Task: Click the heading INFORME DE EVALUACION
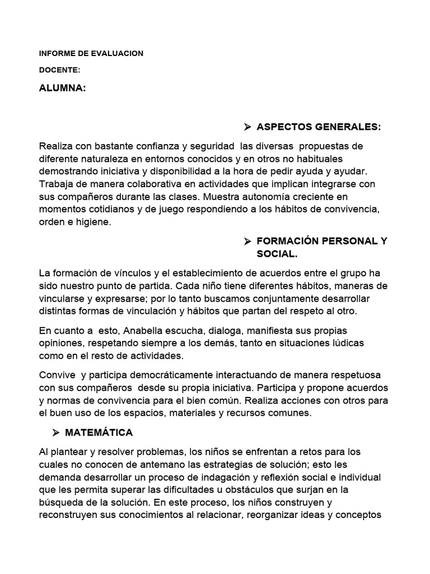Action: tap(91, 53)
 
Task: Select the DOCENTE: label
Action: tap(60, 70)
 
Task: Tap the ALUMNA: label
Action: tap(63, 88)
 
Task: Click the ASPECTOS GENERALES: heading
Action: tap(319, 127)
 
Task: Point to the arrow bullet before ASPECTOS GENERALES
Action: tap(247, 127)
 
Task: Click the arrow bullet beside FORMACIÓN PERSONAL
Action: tap(247, 242)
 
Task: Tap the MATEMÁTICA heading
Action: tap(99, 432)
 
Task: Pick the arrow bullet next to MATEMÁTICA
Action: tap(56, 432)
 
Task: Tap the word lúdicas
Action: tap(347, 343)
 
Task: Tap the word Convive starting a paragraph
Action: tap(58, 374)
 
